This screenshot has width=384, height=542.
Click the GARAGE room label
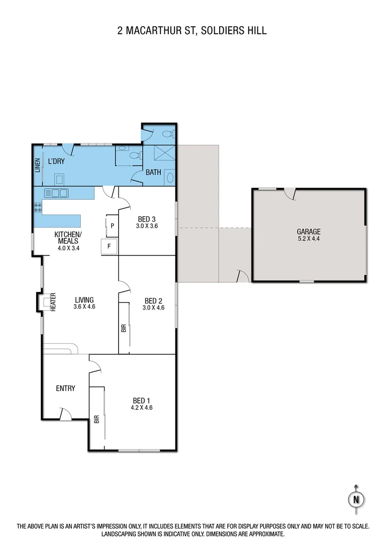309,231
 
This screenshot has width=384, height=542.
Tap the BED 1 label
142,400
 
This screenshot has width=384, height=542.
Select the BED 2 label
153,301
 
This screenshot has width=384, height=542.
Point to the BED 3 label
147,219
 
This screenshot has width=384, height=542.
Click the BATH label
153,172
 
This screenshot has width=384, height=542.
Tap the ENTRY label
65,388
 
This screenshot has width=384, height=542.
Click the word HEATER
52,303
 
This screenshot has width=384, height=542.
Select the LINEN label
38,166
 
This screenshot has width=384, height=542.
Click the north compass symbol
356,499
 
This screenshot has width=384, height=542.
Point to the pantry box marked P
112,225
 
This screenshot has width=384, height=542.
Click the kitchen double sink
56,193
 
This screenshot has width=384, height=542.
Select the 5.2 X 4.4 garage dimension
309,238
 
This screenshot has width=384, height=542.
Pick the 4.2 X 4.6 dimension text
142,408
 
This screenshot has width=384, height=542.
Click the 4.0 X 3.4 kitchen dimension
68,247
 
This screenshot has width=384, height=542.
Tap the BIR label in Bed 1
96,420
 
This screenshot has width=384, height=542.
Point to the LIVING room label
84,300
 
